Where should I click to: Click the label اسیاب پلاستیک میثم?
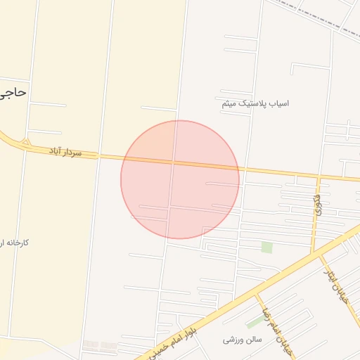tap(255, 103)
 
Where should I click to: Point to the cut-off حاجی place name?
tap(13, 91)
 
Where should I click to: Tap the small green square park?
tap(266, 247)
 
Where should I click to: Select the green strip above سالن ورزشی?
tap(256, 321)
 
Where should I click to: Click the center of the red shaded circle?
tap(180, 179)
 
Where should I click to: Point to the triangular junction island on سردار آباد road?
tap(26, 143)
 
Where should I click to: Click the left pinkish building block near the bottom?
tap(91, 345)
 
